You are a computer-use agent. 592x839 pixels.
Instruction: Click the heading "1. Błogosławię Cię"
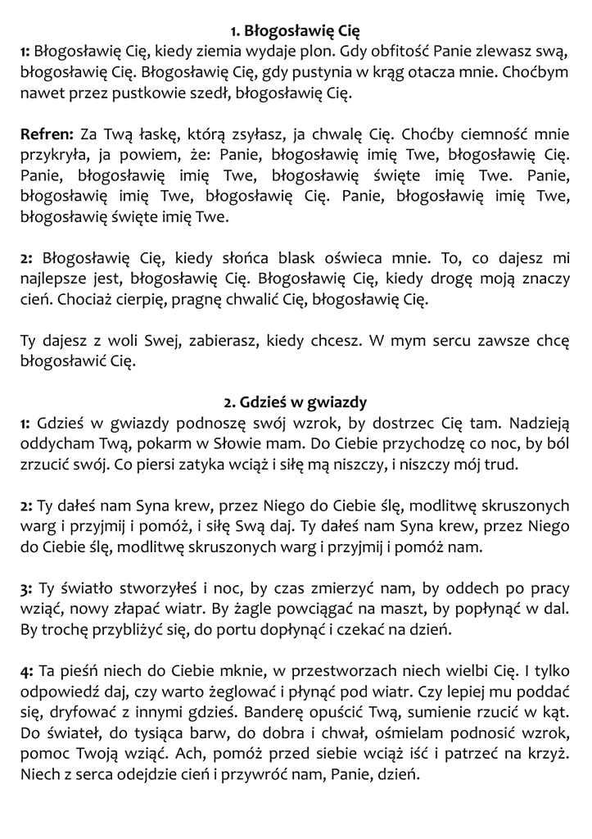[296, 32]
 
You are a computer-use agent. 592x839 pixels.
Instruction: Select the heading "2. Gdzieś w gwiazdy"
[296, 402]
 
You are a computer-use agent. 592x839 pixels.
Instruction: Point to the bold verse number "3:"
[28, 588]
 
